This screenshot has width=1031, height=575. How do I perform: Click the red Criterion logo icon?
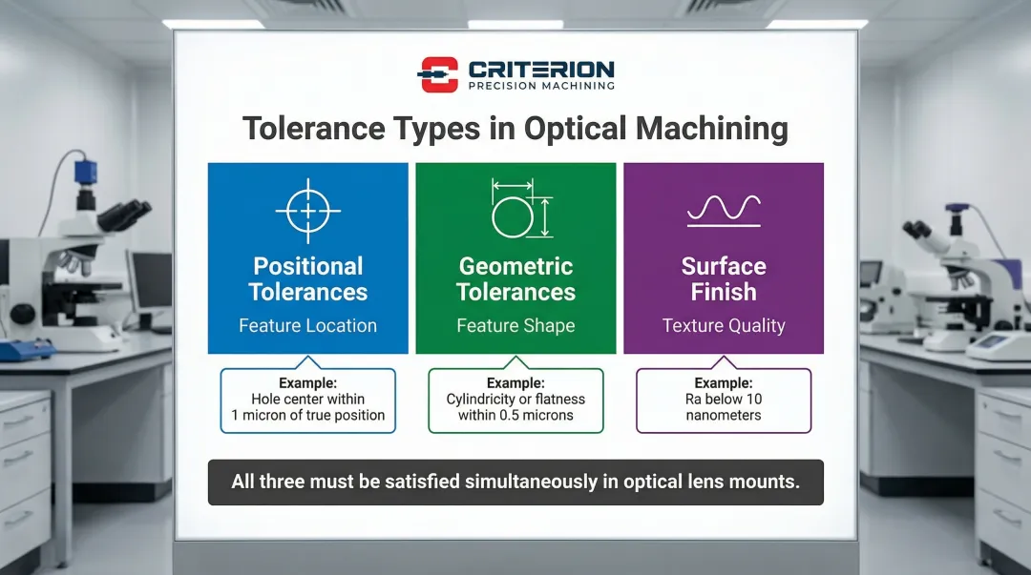438,74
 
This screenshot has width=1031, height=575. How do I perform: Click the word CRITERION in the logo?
541,69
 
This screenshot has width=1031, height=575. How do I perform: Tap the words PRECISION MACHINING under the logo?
541,86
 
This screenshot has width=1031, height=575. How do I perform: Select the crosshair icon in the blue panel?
307,211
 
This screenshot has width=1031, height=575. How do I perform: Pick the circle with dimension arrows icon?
522,208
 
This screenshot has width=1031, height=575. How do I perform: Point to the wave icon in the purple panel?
724,211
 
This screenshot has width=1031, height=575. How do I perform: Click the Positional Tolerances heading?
307,278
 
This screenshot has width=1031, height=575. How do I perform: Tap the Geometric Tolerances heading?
515,278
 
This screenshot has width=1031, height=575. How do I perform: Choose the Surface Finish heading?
724,278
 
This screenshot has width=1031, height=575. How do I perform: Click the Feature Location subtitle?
307,325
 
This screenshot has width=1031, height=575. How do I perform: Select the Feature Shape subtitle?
515,325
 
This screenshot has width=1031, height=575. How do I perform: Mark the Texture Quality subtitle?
724,325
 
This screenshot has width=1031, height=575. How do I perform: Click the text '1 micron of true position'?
307,416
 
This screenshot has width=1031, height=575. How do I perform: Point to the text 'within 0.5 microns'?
515,416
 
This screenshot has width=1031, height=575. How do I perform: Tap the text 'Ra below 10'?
724,399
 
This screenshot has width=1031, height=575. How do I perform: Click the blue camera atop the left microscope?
86,173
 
